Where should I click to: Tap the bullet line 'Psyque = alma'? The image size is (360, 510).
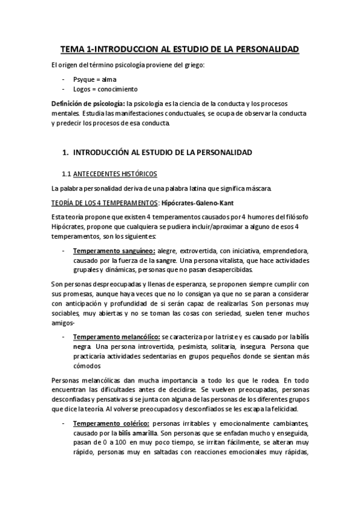(95, 79)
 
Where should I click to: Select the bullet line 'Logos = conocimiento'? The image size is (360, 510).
(103, 89)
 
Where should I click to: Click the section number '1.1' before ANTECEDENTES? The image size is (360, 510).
(67, 174)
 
